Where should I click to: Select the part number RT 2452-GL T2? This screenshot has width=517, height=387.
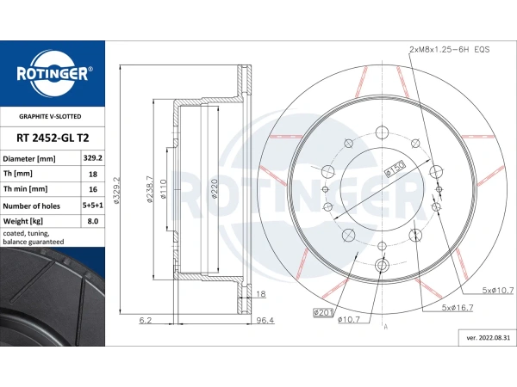pyautogui.click(x=53, y=138)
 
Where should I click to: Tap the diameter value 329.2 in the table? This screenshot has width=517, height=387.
pyautogui.click(x=93, y=158)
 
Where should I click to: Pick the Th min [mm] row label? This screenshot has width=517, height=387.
pyautogui.click(x=25, y=189)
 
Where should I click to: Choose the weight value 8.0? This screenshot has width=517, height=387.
pyautogui.click(x=93, y=221)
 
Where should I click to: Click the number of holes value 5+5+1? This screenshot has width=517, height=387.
pyautogui.click(x=93, y=206)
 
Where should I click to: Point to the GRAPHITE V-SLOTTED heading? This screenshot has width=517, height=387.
pyautogui.click(x=50, y=116)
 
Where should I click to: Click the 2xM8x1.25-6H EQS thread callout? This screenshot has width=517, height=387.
pyautogui.click(x=450, y=50)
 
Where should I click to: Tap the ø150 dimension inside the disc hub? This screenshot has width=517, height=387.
pyautogui.click(x=395, y=168)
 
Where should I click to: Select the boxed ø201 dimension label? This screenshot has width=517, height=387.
pyautogui.click(x=323, y=312)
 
